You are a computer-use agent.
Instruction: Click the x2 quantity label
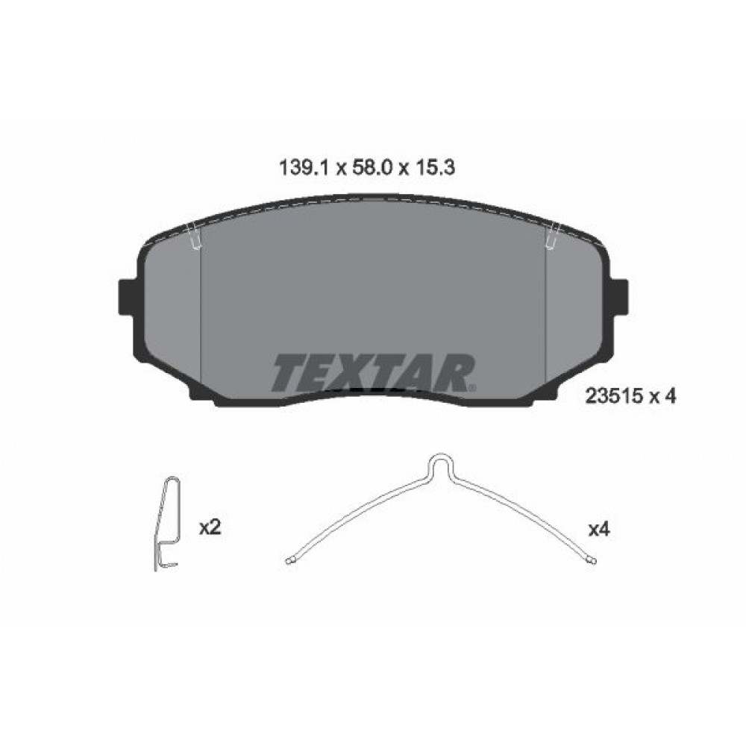coord(210,528)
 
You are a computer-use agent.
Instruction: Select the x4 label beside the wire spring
coord(599,530)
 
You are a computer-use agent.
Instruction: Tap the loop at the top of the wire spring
coord(441,462)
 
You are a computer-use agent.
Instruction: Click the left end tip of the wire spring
coord(290,559)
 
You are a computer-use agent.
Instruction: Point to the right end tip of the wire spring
coord(592,559)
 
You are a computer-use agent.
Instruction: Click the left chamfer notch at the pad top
coord(195,237)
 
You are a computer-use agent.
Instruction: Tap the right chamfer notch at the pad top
coord(553,237)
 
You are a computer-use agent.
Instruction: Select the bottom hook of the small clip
coord(169,563)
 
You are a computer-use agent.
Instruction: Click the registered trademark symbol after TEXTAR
coord(471,387)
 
